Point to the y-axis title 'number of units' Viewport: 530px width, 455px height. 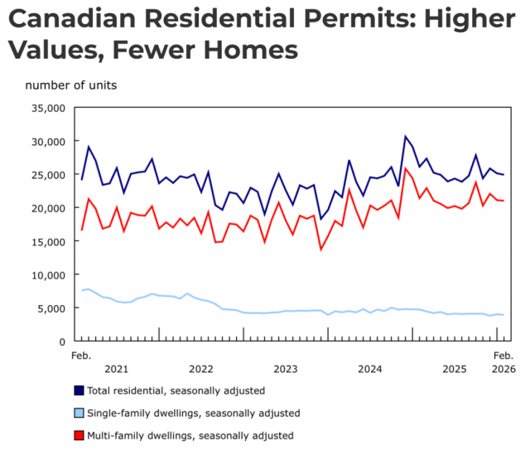point(70,85)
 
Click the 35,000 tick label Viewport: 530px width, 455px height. point(48,108)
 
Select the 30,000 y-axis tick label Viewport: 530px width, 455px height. point(48,141)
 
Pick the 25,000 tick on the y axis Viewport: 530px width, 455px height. point(48,175)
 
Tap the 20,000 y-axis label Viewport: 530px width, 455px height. point(48,208)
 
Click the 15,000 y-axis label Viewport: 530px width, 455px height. point(48,241)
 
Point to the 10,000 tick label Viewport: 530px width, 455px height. point(48,274)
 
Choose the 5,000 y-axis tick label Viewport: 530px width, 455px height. point(51,308)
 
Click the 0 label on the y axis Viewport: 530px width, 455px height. point(61,341)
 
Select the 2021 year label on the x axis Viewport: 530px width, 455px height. point(116,368)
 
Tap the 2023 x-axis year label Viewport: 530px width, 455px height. point(285,368)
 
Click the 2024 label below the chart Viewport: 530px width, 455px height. point(369,368)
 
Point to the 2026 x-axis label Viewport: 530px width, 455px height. point(503,368)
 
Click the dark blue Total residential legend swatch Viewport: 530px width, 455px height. point(79,390)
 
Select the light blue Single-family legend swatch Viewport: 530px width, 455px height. point(79,412)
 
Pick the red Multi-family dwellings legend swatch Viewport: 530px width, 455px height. point(79,434)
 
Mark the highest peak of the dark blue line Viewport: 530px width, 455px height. point(405,136)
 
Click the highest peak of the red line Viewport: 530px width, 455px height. point(405,169)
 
